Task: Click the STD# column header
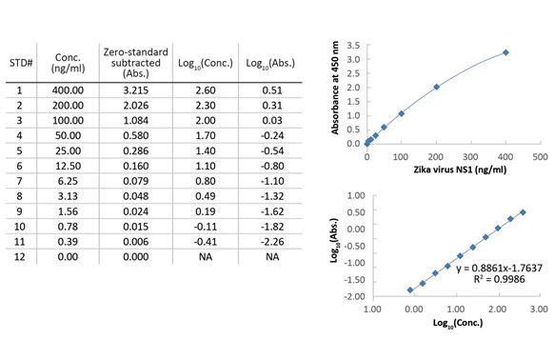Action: point(21,63)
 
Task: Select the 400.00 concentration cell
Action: point(68,90)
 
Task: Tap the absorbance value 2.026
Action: point(136,106)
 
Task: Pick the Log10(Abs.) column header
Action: point(270,64)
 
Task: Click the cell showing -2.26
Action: point(272,242)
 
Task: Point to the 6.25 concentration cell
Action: point(68,181)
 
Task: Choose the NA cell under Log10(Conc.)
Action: point(206,257)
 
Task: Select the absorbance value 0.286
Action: point(136,151)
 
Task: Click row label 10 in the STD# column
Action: point(19,227)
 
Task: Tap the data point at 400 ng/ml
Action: point(505,52)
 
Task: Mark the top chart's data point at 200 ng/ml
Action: point(436,87)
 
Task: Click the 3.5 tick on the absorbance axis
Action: point(353,46)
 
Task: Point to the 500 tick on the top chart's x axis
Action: point(541,157)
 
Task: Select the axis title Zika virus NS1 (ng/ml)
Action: point(460,170)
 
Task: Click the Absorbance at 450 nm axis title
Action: point(335,88)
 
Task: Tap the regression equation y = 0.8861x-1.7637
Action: point(499,268)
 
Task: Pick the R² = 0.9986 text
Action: point(499,279)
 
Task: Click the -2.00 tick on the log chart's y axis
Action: point(354,296)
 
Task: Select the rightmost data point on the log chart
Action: point(523,212)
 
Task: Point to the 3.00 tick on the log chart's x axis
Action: point(539,310)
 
